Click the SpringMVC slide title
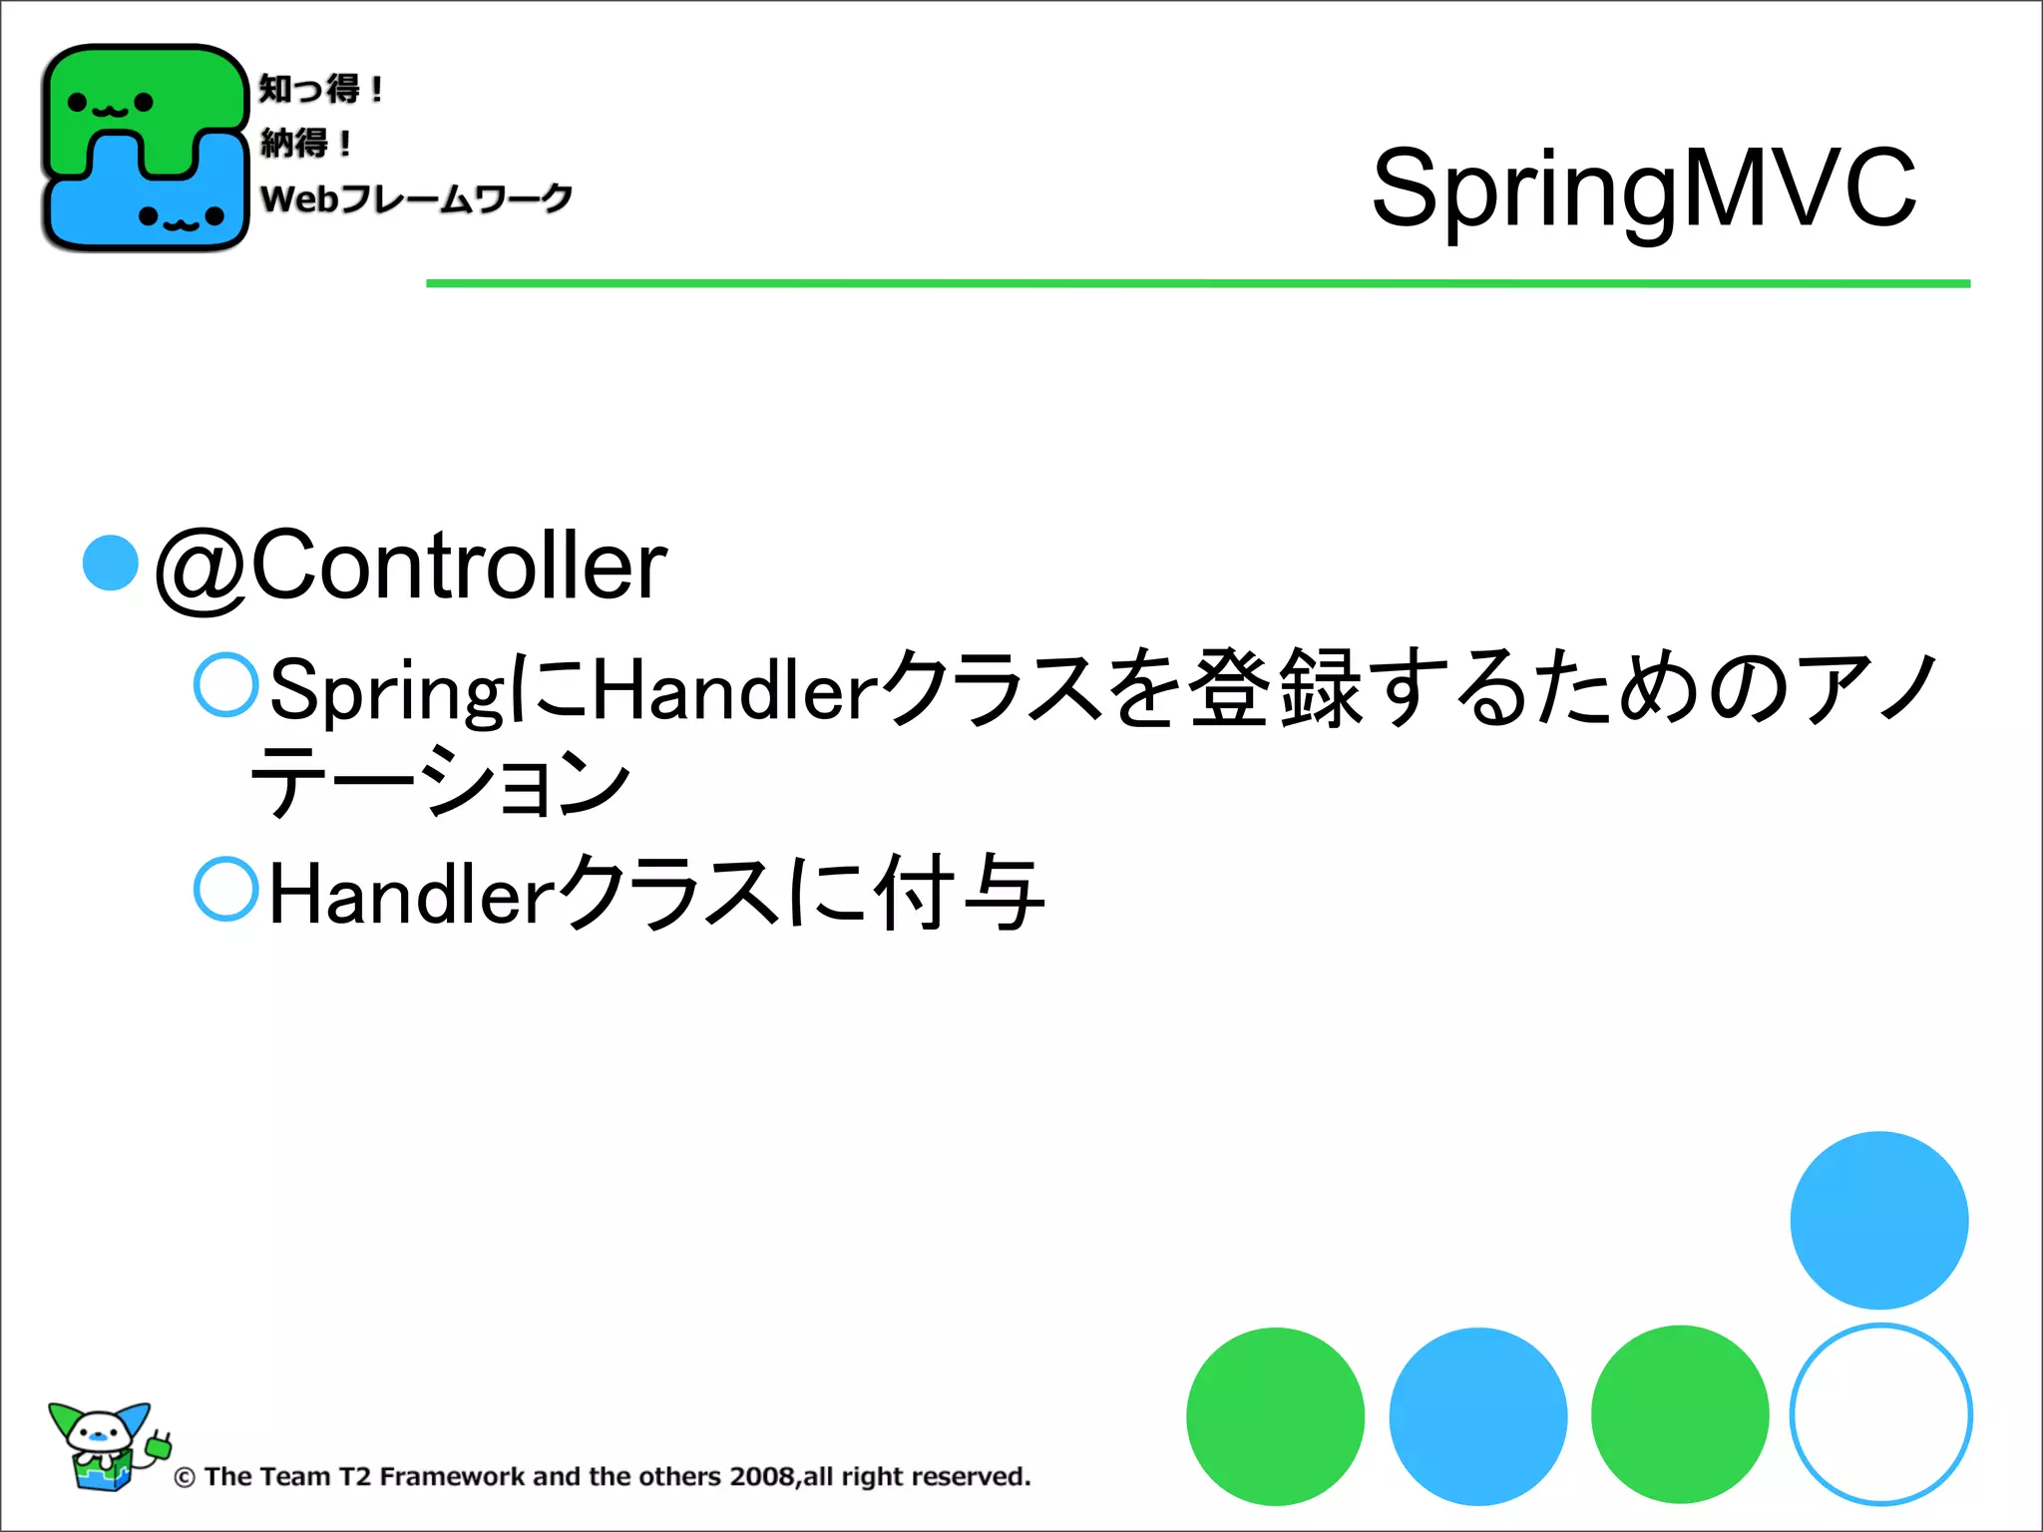(x=1643, y=188)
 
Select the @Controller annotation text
(x=411, y=566)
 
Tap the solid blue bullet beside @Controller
(x=110, y=563)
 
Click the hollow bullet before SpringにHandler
(x=226, y=684)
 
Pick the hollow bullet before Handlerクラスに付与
(x=226, y=888)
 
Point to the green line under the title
(x=1197, y=284)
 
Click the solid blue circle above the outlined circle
(x=1878, y=1220)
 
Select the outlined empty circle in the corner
(x=1880, y=1414)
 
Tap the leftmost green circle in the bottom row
(x=1275, y=1416)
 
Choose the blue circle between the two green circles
(x=1477, y=1416)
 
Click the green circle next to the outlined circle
(x=1680, y=1414)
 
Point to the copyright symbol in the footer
(x=185, y=1478)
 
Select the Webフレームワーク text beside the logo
(x=416, y=198)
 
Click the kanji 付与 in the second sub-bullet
(x=960, y=892)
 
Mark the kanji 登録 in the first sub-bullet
(x=1278, y=687)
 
